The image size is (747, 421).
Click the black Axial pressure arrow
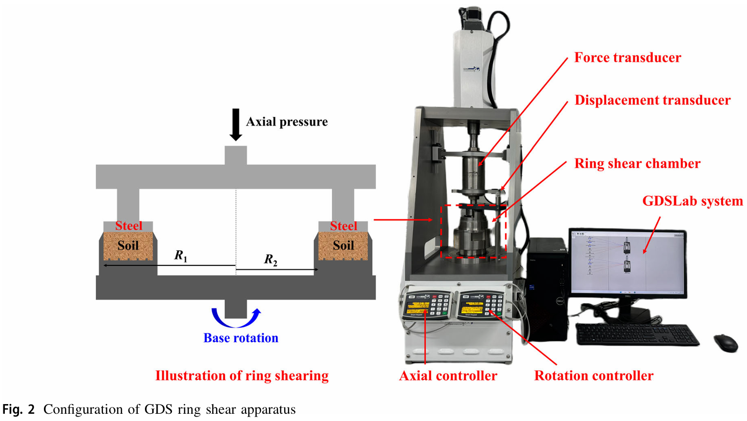[235, 124]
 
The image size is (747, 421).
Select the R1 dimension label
[181, 255]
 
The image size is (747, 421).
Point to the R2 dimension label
[270, 260]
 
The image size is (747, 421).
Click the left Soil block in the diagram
[128, 246]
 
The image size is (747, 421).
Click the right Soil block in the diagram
[343, 246]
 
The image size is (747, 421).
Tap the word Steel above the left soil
[129, 226]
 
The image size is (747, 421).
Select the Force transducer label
[627, 58]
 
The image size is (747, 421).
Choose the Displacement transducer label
[652, 101]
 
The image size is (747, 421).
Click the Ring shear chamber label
[637, 164]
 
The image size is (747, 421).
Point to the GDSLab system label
[692, 201]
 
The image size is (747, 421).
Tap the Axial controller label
[448, 376]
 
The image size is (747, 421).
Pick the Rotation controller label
[593, 376]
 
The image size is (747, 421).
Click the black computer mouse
[726, 343]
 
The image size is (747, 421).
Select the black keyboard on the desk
[637, 334]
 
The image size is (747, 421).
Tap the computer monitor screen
[627, 262]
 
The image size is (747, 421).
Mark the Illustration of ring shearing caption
[242, 376]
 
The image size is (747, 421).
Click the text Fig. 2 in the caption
[18, 410]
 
